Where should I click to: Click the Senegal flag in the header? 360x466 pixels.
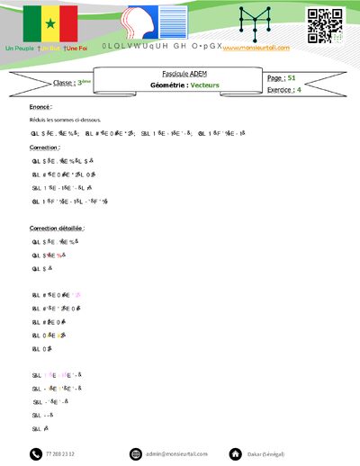pyautogui.click(x=50, y=22)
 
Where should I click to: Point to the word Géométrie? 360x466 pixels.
pyautogui.click(x=166, y=85)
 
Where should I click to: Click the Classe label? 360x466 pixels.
pyautogui.click(x=64, y=83)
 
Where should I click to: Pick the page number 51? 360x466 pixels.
pyautogui.click(x=292, y=78)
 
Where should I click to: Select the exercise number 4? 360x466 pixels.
pyautogui.click(x=299, y=90)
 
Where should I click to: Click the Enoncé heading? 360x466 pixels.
pyautogui.click(x=40, y=106)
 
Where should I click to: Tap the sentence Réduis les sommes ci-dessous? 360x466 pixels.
pyautogui.click(x=65, y=119)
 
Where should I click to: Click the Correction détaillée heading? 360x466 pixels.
pyautogui.click(x=57, y=229)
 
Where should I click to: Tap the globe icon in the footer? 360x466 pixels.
pyautogui.click(x=136, y=453)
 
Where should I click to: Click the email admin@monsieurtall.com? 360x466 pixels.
pyautogui.click(x=177, y=454)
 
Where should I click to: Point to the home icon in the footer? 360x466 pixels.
pyautogui.click(x=235, y=453)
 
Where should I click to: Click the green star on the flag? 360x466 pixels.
pyautogui.click(x=50, y=22)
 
